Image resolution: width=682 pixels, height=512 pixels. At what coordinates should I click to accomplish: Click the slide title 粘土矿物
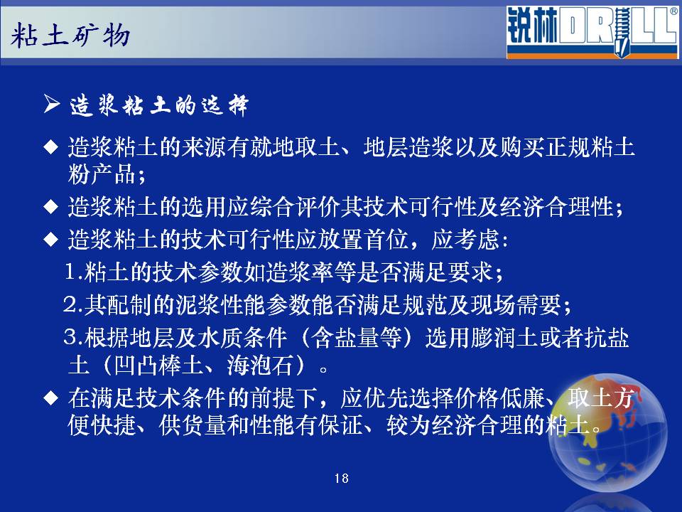70,35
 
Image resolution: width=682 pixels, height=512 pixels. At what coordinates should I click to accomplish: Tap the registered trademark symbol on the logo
673,12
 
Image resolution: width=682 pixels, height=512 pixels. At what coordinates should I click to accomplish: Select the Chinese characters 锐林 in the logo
532,27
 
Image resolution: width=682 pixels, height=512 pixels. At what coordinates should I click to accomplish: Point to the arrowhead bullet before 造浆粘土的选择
52,104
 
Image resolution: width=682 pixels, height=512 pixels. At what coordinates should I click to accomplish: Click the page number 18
342,479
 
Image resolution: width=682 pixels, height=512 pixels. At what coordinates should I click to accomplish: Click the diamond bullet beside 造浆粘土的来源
51,146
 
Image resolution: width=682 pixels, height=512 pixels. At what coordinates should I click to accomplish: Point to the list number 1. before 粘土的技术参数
72,272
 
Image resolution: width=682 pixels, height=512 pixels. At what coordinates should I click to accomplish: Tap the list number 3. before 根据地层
72,337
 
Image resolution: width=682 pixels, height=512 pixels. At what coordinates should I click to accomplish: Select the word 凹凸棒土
158,365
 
